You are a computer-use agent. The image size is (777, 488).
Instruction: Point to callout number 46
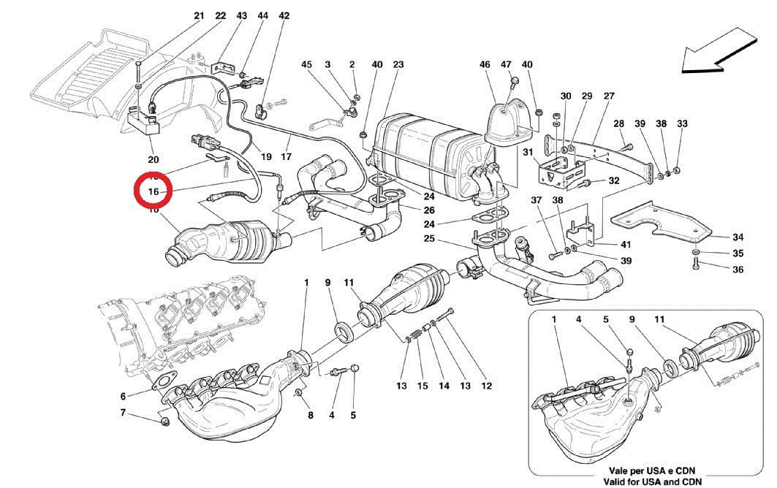[485, 65]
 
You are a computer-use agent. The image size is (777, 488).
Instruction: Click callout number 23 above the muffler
[398, 65]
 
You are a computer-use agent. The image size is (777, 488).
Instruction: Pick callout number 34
[738, 237]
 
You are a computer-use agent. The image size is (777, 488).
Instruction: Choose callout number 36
[738, 270]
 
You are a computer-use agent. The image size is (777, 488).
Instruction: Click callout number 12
[487, 386]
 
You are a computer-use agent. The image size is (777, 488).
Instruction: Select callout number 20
[153, 159]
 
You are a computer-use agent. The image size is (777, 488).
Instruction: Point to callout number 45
[307, 65]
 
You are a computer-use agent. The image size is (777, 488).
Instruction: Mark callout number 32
[614, 180]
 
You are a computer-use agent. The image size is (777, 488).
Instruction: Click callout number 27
[609, 96]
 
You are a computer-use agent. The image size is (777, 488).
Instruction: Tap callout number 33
[683, 124]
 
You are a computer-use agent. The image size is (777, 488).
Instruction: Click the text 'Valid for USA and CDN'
[653, 481]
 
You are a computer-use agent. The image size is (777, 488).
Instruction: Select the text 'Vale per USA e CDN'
[653, 471]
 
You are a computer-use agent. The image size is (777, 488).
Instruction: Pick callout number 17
[285, 156]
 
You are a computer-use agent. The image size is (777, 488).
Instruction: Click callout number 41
[626, 244]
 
